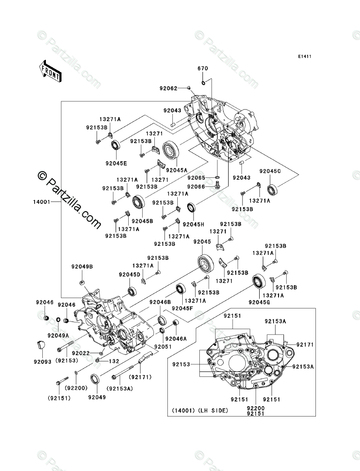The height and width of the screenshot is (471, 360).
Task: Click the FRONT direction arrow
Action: [x=50, y=71]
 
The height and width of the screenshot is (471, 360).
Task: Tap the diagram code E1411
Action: [x=304, y=57]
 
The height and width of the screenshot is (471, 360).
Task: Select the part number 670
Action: [x=203, y=68]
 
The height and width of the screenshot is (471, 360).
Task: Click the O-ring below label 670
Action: [x=203, y=82]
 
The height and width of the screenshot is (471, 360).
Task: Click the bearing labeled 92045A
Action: [x=172, y=149]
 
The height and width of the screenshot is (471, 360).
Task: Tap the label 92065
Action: [x=197, y=178]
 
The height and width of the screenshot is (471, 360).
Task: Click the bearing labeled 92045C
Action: [x=272, y=189]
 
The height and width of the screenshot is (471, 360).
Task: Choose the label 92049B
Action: [x=81, y=267]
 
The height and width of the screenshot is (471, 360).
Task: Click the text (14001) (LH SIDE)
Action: [x=200, y=410]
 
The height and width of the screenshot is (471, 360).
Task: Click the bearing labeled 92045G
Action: [x=258, y=281]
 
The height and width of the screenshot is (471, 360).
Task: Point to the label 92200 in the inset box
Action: [x=255, y=406]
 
